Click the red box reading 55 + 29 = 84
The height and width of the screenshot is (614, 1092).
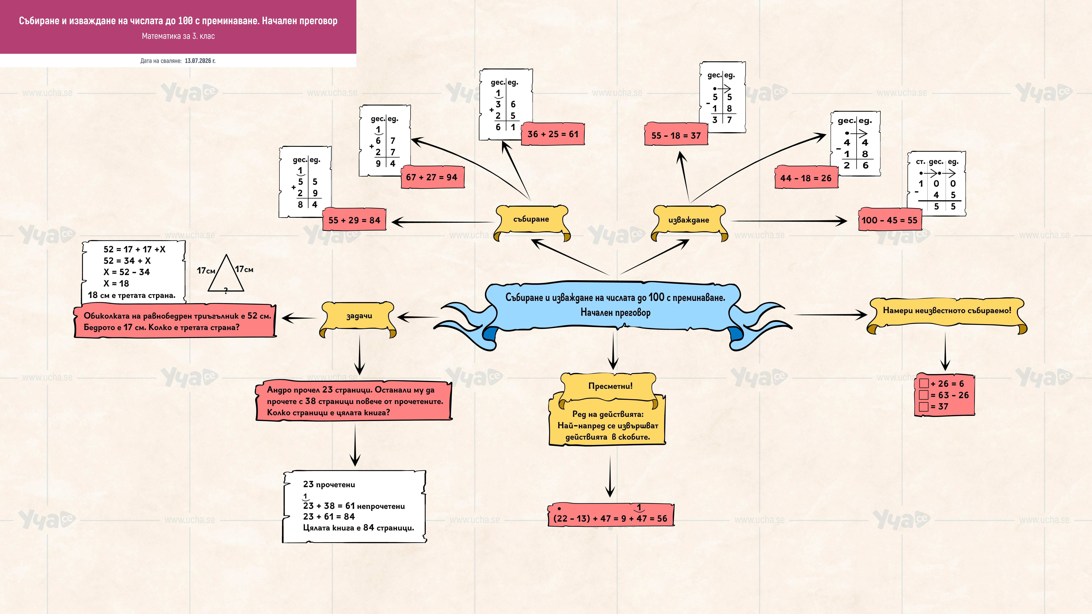(x=354, y=220)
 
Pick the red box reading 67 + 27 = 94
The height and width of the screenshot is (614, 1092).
(x=432, y=177)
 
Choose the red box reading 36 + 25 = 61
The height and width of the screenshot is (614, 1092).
(x=553, y=134)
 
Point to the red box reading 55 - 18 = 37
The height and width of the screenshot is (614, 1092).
(x=676, y=135)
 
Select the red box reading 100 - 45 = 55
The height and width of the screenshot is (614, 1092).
(x=890, y=220)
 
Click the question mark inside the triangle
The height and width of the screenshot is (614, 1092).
(x=226, y=290)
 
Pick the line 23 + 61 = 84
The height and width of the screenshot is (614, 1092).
(x=329, y=517)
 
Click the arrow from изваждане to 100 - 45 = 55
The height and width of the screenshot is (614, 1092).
(x=789, y=221)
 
